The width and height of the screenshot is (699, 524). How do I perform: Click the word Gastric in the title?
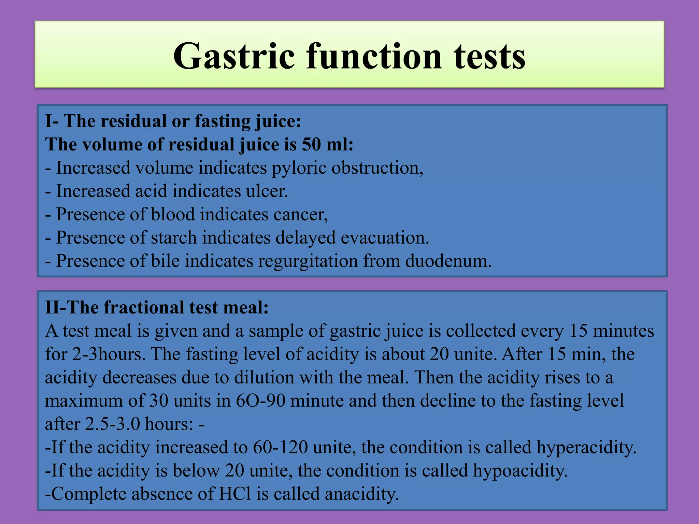234,56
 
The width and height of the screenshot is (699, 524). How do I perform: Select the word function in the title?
374,56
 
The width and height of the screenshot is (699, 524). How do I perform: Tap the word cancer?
300,215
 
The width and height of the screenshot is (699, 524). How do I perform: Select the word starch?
174,238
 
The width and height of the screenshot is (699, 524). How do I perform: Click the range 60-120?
280,447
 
